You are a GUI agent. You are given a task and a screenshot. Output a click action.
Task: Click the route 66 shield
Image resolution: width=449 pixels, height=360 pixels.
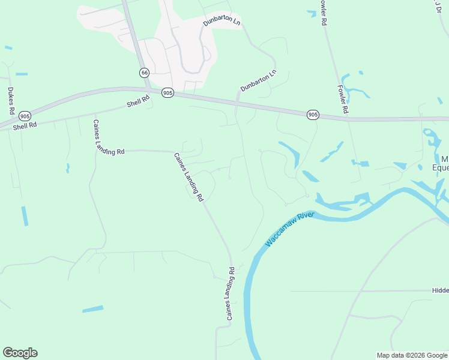point(143,73)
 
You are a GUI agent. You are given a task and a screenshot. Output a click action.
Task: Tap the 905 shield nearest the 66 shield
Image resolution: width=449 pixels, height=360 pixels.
point(167,92)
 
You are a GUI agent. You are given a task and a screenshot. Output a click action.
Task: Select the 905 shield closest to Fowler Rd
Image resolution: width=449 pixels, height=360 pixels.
point(312,114)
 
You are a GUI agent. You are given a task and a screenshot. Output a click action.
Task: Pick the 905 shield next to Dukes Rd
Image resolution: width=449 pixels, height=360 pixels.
point(25,116)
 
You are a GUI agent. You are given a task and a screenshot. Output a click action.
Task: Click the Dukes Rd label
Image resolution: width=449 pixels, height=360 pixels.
point(10,101)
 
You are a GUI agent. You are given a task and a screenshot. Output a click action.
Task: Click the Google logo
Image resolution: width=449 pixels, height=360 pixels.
point(20,353)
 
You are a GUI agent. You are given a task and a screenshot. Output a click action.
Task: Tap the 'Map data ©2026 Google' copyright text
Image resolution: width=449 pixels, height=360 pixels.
point(411,355)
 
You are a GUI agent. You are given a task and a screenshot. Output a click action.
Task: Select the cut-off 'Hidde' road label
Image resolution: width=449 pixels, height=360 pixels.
point(440,290)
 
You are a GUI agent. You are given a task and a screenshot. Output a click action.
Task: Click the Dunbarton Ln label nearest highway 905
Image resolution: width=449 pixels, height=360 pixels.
point(258,80)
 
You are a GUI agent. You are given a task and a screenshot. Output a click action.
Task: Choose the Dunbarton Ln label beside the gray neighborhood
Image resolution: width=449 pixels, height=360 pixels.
point(221,22)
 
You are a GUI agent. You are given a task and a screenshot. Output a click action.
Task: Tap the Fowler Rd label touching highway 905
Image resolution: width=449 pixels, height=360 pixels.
point(342,99)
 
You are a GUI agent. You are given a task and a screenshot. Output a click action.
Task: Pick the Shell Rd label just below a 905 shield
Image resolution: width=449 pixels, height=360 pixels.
point(25,125)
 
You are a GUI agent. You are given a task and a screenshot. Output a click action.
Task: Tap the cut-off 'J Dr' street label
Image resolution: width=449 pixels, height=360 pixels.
point(436,5)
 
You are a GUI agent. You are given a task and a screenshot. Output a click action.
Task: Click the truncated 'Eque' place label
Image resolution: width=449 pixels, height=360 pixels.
point(441,167)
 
